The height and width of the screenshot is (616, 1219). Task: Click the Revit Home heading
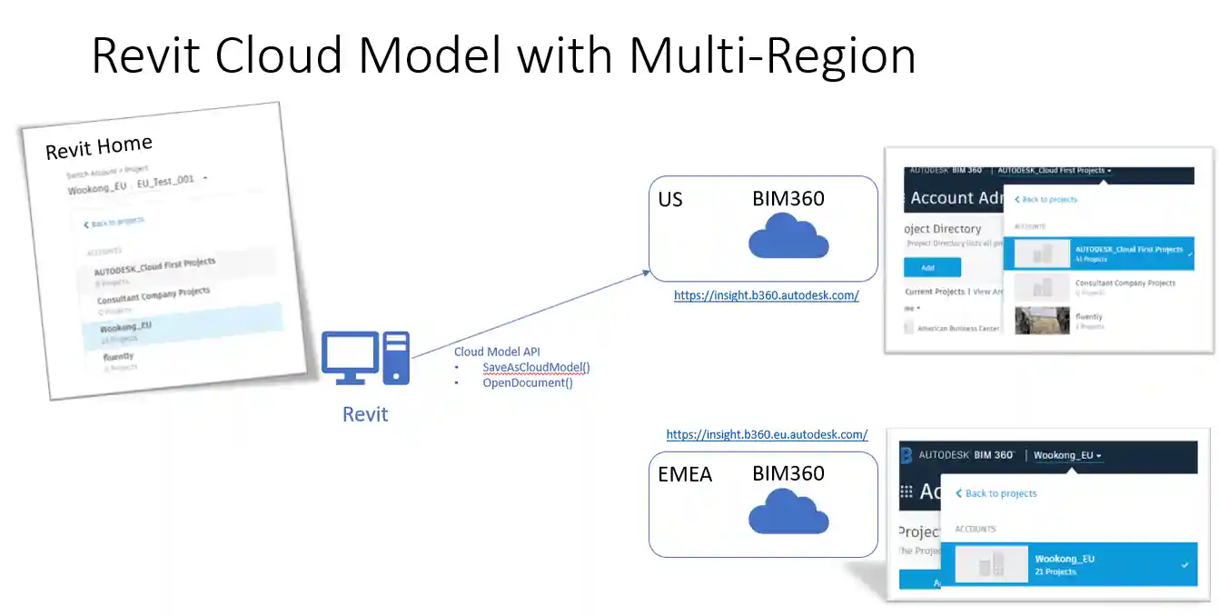[x=99, y=146]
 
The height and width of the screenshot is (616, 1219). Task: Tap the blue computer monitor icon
[x=351, y=357]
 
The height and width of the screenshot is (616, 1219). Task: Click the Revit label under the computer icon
[x=365, y=414]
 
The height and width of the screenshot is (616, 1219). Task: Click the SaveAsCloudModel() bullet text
[x=536, y=367]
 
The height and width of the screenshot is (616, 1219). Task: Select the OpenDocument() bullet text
[x=527, y=383]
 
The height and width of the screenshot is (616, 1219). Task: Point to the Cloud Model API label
[x=497, y=352]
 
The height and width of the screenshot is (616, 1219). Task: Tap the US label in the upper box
[x=670, y=199]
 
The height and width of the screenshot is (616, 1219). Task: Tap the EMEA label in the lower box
[x=686, y=474]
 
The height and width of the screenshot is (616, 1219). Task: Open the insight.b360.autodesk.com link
[x=766, y=295]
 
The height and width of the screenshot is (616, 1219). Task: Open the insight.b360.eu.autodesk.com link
[x=767, y=434]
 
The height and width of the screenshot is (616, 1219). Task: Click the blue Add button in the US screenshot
[x=932, y=267]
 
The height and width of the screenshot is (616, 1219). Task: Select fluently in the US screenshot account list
[x=1089, y=317]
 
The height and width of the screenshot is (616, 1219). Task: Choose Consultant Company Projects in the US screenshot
[x=1125, y=283]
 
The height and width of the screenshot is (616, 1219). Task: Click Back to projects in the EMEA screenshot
[x=1000, y=493]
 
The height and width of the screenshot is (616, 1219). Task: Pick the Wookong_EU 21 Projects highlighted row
[x=1068, y=565]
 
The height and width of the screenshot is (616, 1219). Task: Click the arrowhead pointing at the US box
[x=646, y=272]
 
